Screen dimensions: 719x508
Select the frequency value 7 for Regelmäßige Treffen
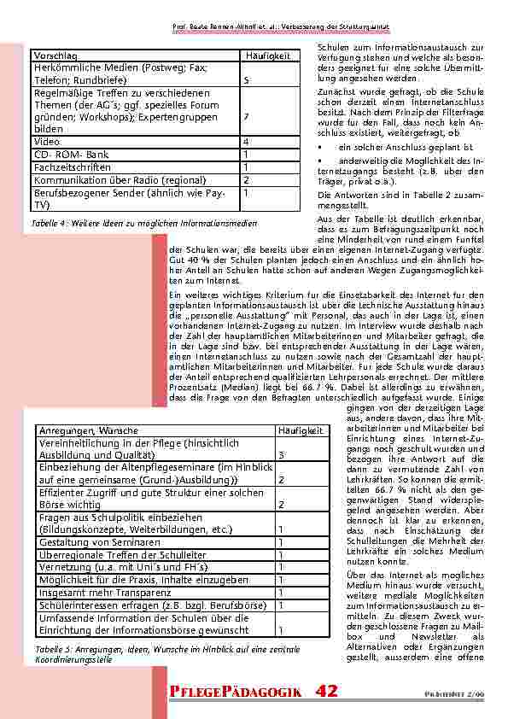(246, 115)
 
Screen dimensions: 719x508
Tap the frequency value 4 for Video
(246, 141)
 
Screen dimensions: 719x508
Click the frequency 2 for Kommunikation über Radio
(246, 180)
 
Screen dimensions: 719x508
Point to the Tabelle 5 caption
(166, 654)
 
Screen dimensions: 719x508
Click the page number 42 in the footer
(326, 691)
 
